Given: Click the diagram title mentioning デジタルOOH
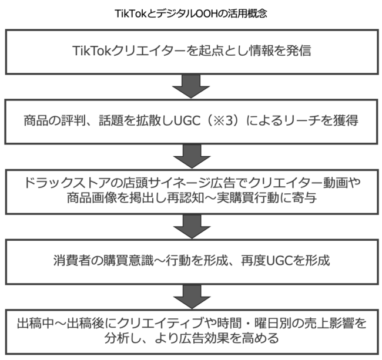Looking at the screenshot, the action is pyautogui.click(x=191, y=14).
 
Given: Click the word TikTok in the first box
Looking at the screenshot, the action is pyautogui.click(x=92, y=51).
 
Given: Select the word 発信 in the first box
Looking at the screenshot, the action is pyautogui.click(x=299, y=51).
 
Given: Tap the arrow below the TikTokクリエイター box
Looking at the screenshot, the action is pyautogui.click(x=191, y=86).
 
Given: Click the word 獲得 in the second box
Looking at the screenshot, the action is pyautogui.click(x=346, y=120).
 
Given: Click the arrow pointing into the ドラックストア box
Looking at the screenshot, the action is pyautogui.click(x=192, y=156).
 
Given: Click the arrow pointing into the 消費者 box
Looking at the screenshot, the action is pyautogui.click(x=192, y=227).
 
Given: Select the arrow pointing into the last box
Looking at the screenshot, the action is pyautogui.click(x=192, y=297).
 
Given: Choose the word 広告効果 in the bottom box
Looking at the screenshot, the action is pyautogui.click(x=204, y=338).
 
